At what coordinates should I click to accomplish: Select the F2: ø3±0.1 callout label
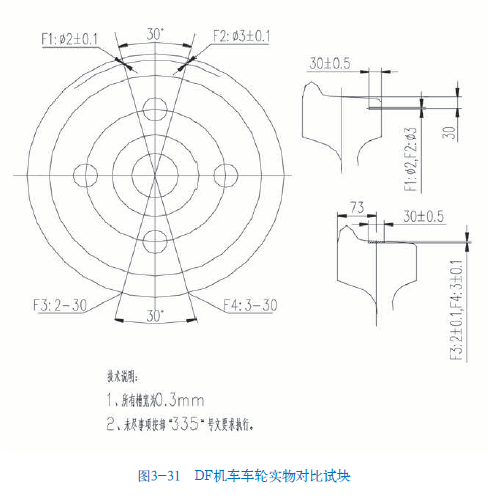(x=241, y=37)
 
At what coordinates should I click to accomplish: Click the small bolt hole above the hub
(x=154, y=108)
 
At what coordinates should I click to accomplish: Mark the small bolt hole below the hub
(x=154, y=241)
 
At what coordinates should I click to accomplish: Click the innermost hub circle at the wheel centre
(x=154, y=175)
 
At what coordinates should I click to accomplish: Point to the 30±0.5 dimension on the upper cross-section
(x=330, y=63)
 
